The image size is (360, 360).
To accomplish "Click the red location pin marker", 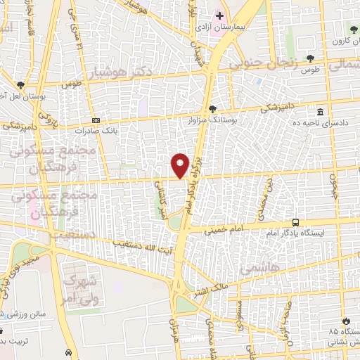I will click(180, 165).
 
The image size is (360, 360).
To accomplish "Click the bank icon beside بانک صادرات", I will click(96, 120).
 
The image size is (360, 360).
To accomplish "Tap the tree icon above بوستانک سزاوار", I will click(212, 108).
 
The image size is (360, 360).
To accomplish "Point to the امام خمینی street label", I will click(224, 229).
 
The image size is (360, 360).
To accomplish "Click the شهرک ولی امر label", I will click(79, 289).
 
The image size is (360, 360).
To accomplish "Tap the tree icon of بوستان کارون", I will click(354, 30).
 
